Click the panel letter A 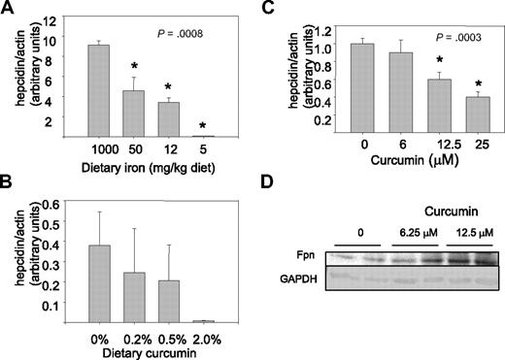coord(9,9)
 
